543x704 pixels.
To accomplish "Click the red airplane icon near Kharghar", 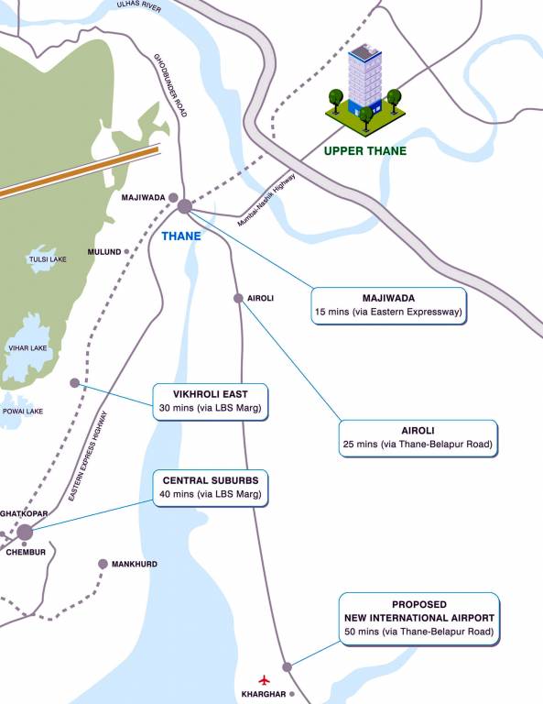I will tap(266, 680).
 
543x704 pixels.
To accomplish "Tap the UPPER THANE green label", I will tap(365, 151).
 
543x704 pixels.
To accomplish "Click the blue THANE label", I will tap(180, 236).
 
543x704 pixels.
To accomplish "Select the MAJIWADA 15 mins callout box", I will tap(388, 305).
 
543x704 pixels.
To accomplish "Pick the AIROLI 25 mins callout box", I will tap(418, 438).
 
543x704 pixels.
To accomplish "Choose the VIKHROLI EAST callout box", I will tap(211, 401).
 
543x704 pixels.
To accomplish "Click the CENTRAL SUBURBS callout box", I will tap(211, 488).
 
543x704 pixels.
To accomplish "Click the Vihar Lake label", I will tap(27, 348).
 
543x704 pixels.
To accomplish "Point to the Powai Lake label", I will tap(22, 411).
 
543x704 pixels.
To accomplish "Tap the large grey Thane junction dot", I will tap(184, 206).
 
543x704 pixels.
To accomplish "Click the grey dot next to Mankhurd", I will tap(103, 564).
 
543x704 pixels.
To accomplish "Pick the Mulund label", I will tap(103, 251).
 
